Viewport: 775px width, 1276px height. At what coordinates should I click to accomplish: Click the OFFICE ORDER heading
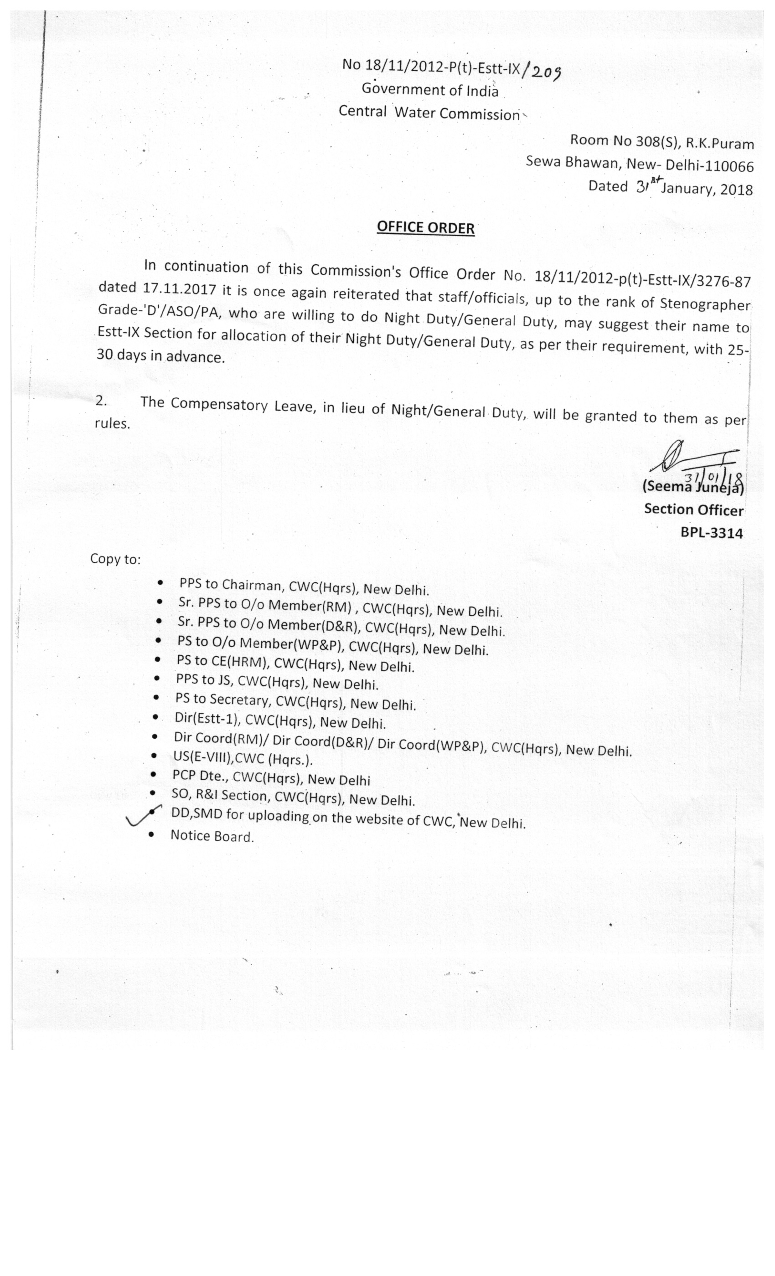click(x=425, y=228)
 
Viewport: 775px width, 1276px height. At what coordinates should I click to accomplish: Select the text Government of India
click(x=429, y=90)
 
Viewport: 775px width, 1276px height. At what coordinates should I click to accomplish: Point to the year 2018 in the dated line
click(x=736, y=190)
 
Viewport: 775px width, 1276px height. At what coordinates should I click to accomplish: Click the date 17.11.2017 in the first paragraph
click(x=179, y=288)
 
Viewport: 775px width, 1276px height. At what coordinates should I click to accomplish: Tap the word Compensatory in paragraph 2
click(x=219, y=404)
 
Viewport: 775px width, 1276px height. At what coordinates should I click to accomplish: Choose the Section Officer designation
click(x=693, y=509)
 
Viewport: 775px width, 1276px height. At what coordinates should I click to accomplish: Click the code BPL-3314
click(x=711, y=533)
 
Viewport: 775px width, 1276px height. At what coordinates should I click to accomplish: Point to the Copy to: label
click(x=115, y=559)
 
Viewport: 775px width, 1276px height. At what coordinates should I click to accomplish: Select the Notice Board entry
click(x=212, y=836)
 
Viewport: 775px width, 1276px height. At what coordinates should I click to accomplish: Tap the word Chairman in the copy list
click(x=252, y=585)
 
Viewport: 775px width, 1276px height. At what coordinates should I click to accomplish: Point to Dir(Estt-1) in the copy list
click(x=207, y=719)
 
